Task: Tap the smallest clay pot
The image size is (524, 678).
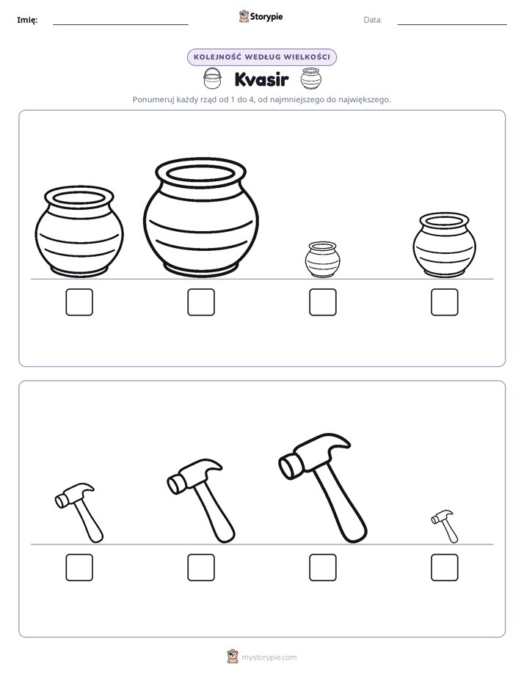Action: (322, 260)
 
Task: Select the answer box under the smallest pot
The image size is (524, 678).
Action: (323, 302)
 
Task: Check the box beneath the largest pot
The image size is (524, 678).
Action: (201, 302)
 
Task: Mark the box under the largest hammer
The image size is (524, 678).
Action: (323, 567)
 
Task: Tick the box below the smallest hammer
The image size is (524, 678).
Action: (445, 567)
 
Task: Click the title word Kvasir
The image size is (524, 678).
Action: (261, 79)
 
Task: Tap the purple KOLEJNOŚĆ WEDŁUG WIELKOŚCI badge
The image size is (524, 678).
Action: (262, 57)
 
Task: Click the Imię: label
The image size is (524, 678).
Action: (27, 20)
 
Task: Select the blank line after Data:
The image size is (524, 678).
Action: (452, 24)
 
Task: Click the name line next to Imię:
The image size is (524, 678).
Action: (120, 24)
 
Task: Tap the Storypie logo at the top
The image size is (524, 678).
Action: (261, 16)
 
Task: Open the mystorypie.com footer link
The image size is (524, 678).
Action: (269, 657)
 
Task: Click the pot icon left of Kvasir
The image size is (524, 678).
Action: (212, 79)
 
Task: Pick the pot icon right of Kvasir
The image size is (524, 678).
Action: (311, 79)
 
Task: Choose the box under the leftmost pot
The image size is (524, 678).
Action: (79, 302)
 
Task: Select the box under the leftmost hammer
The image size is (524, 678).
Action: (79, 567)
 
